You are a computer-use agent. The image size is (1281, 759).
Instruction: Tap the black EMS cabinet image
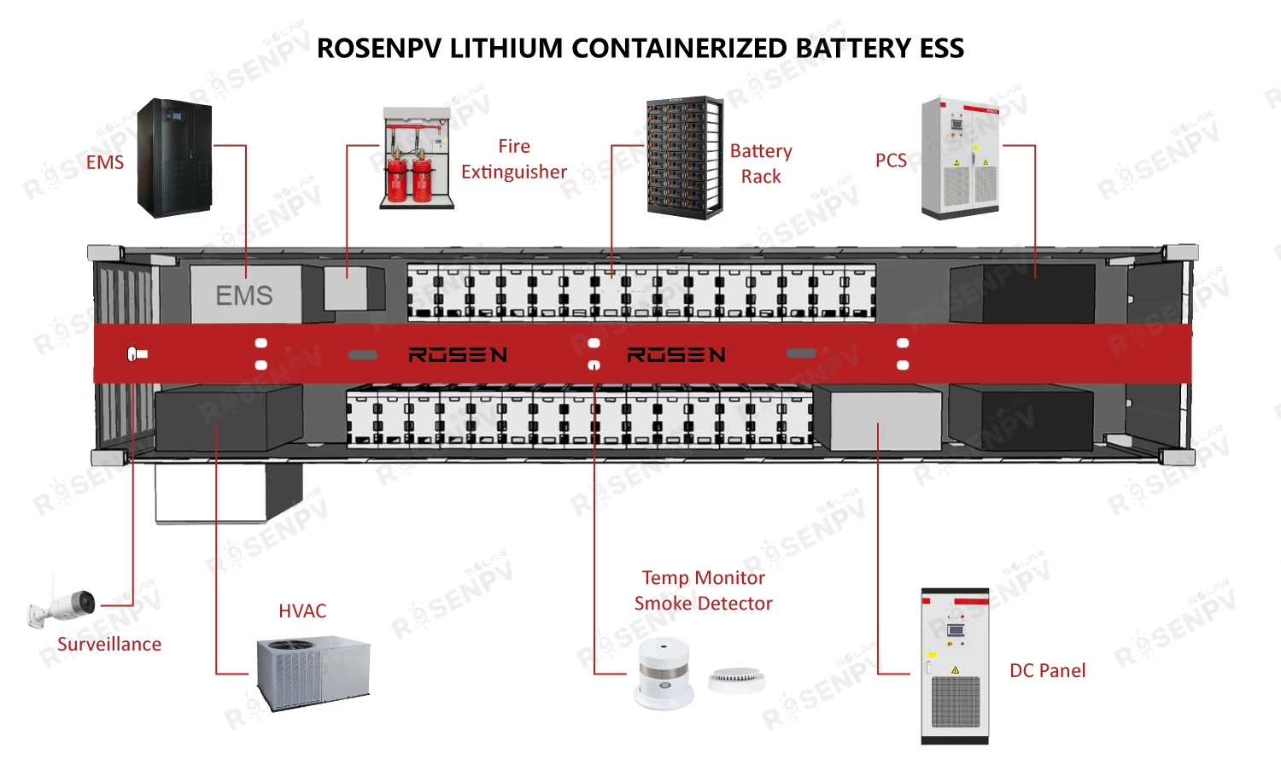tap(175, 158)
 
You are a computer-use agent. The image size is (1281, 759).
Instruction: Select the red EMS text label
tap(105, 162)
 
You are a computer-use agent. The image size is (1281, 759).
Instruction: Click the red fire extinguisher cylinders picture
tap(409, 175)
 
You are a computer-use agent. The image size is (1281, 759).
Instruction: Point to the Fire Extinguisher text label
tap(514, 160)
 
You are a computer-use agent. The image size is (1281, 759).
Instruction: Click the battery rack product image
tap(684, 157)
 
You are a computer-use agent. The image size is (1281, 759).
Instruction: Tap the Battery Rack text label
tap(761, 164)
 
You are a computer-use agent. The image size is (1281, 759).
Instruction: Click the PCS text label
tap(891, 161)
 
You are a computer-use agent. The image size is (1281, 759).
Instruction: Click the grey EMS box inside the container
tap(244, 295)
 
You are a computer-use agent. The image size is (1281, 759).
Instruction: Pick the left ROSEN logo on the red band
tap(458, 354)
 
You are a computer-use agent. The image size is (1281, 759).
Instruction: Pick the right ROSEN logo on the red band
tap(676, 354)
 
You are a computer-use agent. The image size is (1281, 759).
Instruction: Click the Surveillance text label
tap(109, 644)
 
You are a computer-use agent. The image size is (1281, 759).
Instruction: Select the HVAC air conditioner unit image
tap(313, 673)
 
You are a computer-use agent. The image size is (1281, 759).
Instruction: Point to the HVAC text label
tap(302, 611)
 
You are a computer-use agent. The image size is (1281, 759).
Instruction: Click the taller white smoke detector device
tap(664, 674)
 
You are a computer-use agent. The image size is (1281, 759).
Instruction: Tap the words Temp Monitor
tap(703, 578)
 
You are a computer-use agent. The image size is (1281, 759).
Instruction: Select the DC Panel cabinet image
tap(955, 666)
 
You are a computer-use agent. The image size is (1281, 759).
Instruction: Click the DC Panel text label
tap(1047, 671)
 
